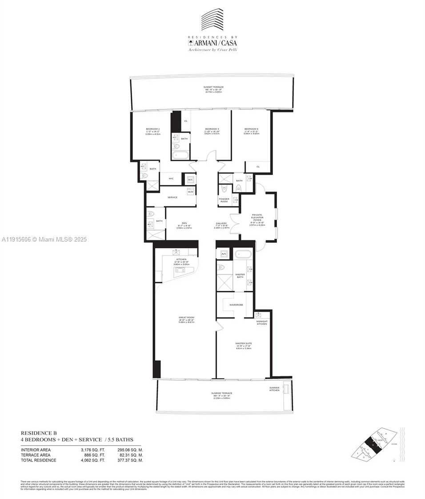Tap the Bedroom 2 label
(152, 129)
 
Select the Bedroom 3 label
(212, 129)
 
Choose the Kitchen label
(181, 259)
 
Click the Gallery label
(221, 223)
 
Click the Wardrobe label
(236, 305)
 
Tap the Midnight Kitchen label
(262, 322)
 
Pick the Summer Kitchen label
(275, 389)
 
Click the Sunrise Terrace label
(221, 393)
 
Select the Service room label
(172, 197)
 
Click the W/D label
(190, 192)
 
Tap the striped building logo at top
(212, 20)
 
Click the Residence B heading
(39, 433)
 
